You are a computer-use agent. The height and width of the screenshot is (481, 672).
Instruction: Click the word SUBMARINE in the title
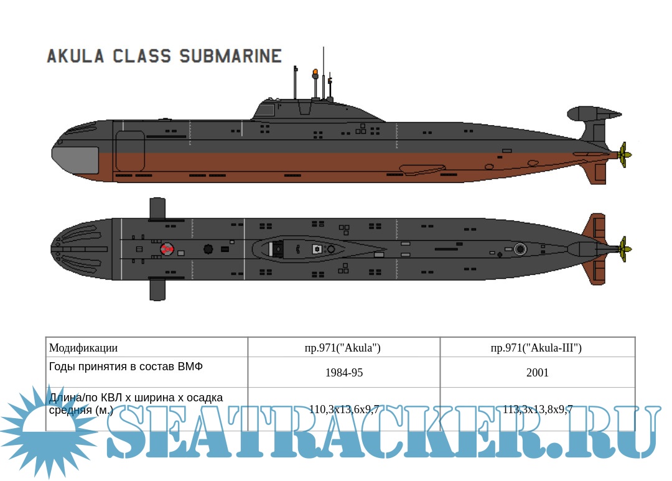click(230, 56)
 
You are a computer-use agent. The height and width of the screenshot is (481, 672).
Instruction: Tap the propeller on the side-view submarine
click(624, 154)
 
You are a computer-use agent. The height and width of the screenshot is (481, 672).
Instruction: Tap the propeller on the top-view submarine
click(624, 249)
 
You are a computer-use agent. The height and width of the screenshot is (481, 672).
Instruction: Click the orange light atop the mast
click(315, 72)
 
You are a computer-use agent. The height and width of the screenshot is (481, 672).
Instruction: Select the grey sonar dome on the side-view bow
click(75, 160)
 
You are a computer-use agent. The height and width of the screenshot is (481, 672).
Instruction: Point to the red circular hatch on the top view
click(166, 250)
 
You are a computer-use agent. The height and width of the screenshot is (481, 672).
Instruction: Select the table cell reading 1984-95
click(343, 373)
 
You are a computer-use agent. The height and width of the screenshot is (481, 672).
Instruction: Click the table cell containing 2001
click(537, 373)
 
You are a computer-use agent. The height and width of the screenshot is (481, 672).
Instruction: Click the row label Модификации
click(83, 348)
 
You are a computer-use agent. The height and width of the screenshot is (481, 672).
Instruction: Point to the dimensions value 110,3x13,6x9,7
click(343, 409)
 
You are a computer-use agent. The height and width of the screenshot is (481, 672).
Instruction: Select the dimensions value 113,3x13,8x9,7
click(537, 409)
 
